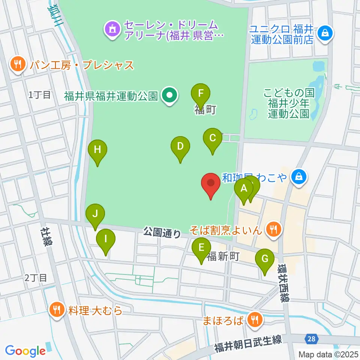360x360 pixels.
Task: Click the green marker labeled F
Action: [x=201, y=94]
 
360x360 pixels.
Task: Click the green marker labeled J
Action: [x=95, y=215]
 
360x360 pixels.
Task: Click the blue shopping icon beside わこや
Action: [x=299, y=176]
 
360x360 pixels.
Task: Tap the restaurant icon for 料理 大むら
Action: [x=57, y=310]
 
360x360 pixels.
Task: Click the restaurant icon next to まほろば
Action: [x=255, y=320]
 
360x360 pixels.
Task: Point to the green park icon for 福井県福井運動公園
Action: [x=170, y=96]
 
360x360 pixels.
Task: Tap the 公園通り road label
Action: [x=162, y=233]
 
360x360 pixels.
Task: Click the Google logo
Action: [x=25, y=351]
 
